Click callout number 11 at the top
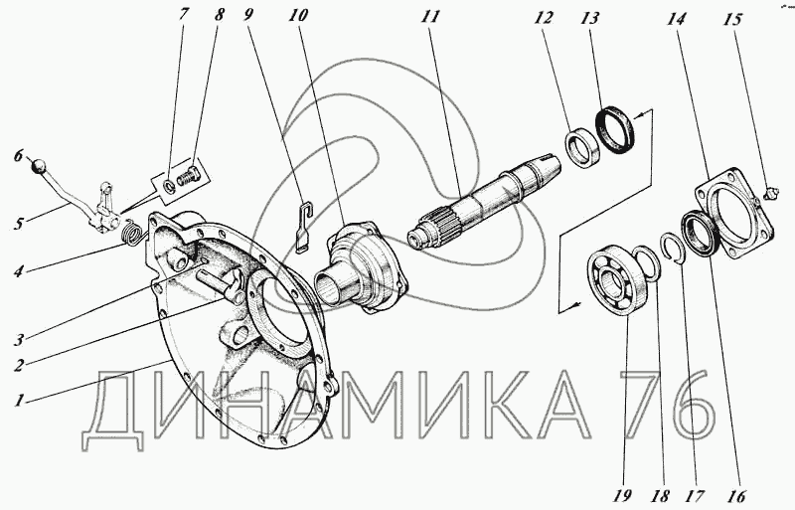click(430, 17)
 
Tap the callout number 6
click(19, 156)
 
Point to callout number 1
click(19, 401)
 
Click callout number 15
click(732, 19)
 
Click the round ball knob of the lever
click(40, 166)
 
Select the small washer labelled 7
click(170, 186)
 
